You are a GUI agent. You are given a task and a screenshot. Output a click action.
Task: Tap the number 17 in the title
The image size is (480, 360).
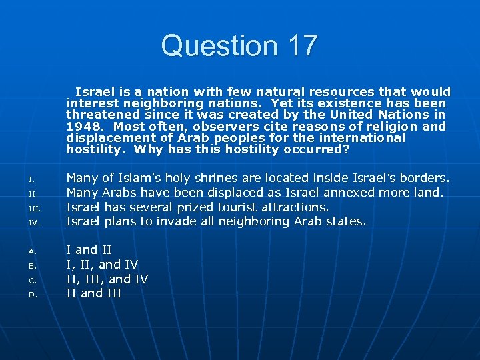click(x=299, y=46)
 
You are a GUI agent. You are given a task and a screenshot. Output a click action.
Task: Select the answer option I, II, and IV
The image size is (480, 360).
click(x=102, y=265)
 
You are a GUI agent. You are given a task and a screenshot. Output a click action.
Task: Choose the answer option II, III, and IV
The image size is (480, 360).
click(x=107, y=279)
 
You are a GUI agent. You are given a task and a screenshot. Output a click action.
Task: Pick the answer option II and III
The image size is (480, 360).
click(x=94, y=293)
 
